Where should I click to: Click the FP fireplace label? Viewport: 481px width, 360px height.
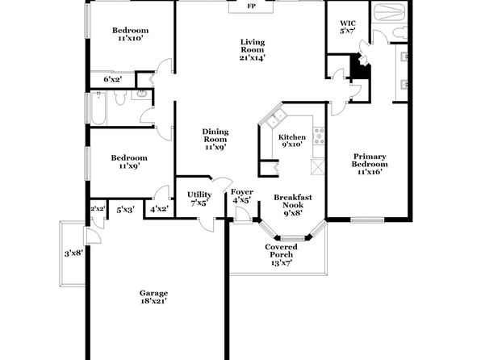pos(252,6)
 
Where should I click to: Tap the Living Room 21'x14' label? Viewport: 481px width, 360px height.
pos(252,50)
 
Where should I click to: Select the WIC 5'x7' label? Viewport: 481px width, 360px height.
pos(348,27)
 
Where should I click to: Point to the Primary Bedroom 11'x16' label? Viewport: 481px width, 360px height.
pos(370,164)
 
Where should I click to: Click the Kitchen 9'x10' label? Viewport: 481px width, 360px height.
pos(292,140)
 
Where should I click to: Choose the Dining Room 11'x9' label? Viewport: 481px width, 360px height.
pos(215,140)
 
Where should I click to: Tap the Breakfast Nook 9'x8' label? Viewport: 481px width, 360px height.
pos(293,205)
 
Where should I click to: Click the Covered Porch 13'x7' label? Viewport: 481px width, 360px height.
pos(282,255)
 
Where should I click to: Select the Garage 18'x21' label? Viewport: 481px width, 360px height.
pos(153,297)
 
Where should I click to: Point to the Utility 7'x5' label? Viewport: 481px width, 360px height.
pos(199,199)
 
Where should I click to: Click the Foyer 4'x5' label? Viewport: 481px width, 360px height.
pos(242,196)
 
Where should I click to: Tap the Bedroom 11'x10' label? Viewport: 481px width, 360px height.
pos(131,34)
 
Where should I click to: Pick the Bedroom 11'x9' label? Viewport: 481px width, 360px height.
pos(129,161)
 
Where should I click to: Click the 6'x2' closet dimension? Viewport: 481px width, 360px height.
pos(113,79)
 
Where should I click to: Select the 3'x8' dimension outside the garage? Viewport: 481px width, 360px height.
pos(73,253)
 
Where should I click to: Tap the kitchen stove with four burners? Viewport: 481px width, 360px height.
pos(319,136)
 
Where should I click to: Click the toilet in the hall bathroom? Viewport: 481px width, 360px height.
pos(120,98)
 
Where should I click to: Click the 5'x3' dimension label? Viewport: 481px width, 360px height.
pos(125,210)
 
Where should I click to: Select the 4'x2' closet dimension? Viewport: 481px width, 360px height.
pos(160,209)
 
